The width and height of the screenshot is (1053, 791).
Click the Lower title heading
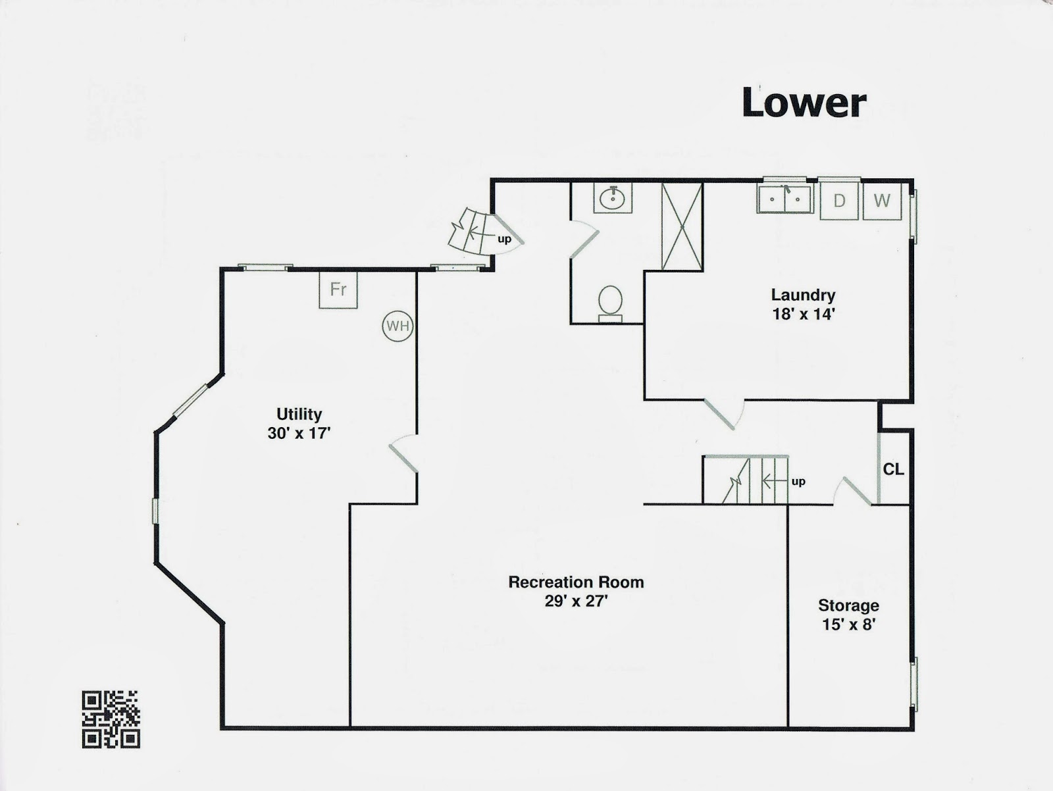click(x=804, y=103)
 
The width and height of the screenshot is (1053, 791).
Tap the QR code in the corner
click(x=111, y=719)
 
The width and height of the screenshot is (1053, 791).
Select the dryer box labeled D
click(x=839, y=201)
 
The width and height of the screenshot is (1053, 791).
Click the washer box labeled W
click(x=882, y=201)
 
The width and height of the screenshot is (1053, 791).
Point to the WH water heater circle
click(x=398, y=326)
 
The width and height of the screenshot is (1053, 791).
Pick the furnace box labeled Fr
click(x=338, y=290)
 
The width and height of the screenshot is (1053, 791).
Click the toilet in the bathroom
click(x=610, y=303)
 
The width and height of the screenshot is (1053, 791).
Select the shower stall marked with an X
click(x=682, y=226)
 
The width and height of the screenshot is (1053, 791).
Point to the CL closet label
click(x=893, y=469)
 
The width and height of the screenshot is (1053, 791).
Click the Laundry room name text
click(x=803, y=295)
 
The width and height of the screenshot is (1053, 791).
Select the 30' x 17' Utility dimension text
click(x=299, y=433)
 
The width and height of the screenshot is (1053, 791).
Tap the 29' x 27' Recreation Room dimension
click(x=576, y=600)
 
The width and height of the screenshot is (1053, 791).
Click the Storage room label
click(x=848, y=605)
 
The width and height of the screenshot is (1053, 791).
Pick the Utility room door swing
click(x=403, y=454)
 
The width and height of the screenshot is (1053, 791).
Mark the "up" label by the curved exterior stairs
click(x=504, y=239)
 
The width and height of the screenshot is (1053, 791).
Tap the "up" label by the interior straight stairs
click(x=798, y=481)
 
